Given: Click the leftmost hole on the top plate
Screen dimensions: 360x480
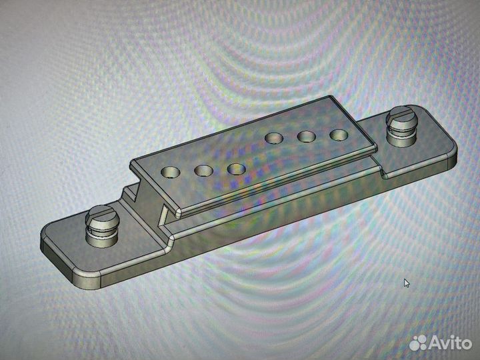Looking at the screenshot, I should point(171,173).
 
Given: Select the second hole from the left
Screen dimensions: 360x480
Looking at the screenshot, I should point(203,171).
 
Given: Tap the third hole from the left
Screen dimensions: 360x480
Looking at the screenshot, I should point(236,169).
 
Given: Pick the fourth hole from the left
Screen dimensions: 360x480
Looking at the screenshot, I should point(273,139).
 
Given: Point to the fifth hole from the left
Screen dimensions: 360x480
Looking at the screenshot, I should point(306,137).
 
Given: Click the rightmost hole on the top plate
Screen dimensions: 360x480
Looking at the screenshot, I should point(339,135).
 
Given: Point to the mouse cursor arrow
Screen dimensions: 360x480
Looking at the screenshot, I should point(407,283).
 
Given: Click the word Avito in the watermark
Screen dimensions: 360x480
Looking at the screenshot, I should point(452,343).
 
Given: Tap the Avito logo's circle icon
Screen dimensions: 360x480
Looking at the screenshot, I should point(418,343).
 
